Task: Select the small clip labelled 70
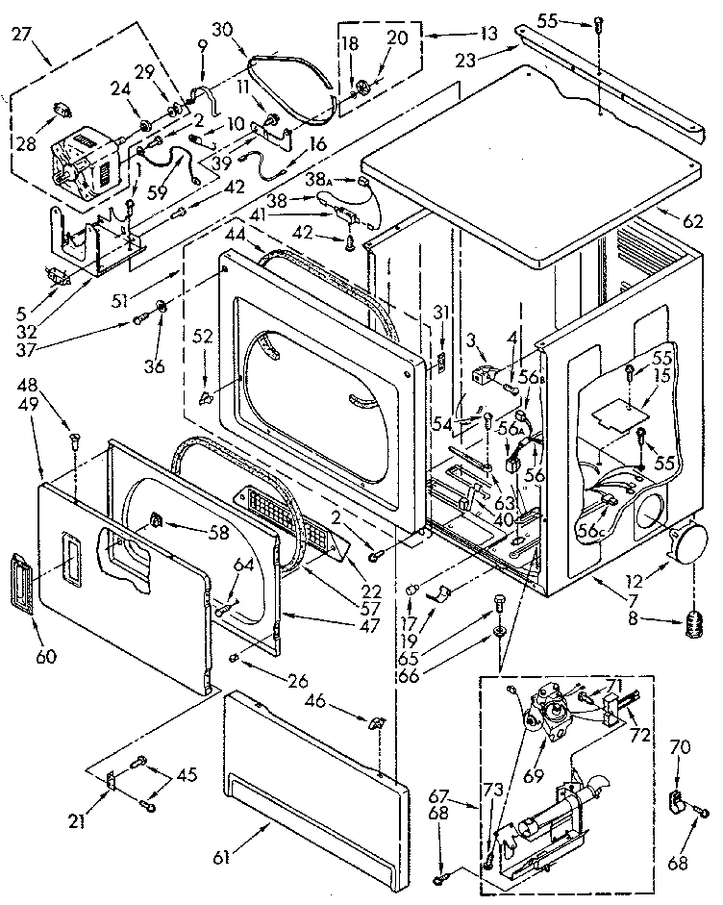pos(676,797)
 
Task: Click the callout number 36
pos(153,365)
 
